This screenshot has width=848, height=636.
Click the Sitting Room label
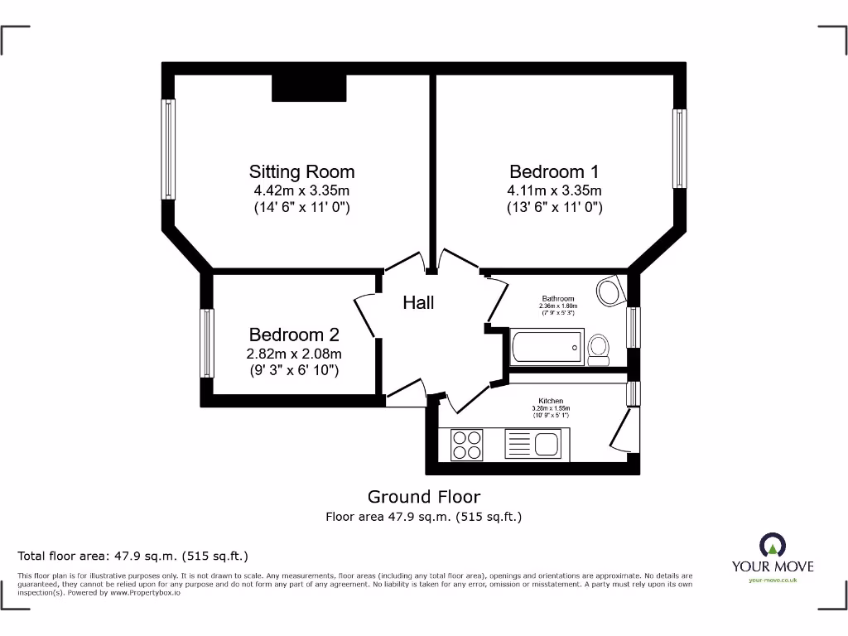pyautogui.click(x=301, y=172)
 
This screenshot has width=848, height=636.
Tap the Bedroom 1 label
pyautogui.click(x=554, y=172)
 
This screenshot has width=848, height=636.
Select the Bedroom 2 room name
pyautogui.click(x=294, y=335)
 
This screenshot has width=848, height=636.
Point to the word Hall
pyautogui.click(x=418, y=303)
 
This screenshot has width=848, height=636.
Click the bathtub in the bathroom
pyautogui.click(x=547, y=346)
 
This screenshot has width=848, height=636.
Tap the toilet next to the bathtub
pyautogui.click(x=599, y=349)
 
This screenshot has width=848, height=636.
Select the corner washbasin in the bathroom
pyautogui.click(x=610, y=291)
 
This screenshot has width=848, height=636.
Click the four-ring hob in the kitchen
pyautogui.click(x=467, y=443)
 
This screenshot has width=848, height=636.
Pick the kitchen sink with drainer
pyautogui.click(x=535, y=443)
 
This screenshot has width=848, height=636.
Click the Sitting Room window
pyautogui.click(x=169, y=150)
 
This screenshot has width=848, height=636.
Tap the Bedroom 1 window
pyautogui.click(x=680, y=148)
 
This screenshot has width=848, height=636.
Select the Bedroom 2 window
pyautogui.click(x=206, y=344)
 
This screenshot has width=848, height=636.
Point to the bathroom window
pyautogui.click(x=634, y=327)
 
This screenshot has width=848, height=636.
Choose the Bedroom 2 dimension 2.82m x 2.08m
pyautogui.click(x=294, y=354)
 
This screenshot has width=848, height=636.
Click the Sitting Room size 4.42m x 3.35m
pyautogui.click(x=301, y=190)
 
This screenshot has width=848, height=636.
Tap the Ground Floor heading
pyautogui.click(x=423, y=497)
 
